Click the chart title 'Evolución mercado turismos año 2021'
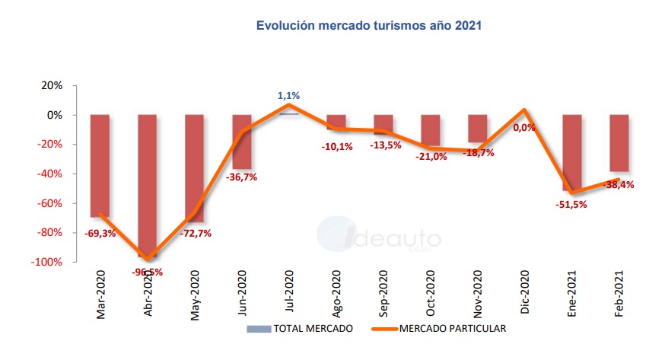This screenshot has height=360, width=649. click(x=369, y=25)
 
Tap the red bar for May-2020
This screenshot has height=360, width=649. click(x=195, y=164)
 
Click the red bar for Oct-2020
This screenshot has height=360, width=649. click(x=430, y=130)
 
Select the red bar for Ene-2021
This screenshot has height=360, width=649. click(x=571, y=152)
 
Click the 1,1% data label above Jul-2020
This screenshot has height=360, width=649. click(x=288, y=96)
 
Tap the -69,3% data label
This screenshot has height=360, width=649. click(x=100, y=234)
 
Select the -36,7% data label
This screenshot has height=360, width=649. click(x=241, y=178)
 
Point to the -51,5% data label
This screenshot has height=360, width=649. click(x=571, y=204)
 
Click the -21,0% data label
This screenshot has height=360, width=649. click(x=429, y=156)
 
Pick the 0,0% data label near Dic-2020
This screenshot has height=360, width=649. click(x=524, y=128)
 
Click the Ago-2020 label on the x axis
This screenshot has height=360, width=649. click(x=336, y=293)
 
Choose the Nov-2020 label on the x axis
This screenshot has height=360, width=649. click(x=478, y=293)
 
